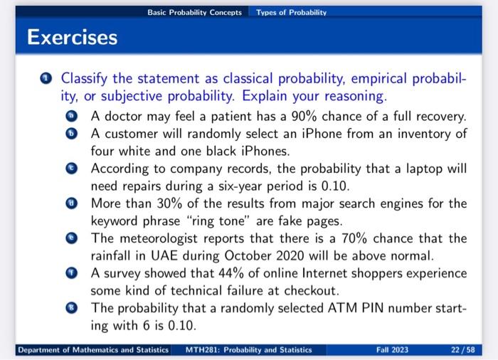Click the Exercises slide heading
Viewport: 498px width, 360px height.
point(72,37)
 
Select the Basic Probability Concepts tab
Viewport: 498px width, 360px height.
point(194,13)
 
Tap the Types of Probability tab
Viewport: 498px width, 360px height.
point(291,13)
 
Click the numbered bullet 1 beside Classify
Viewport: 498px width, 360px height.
point(46,78)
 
